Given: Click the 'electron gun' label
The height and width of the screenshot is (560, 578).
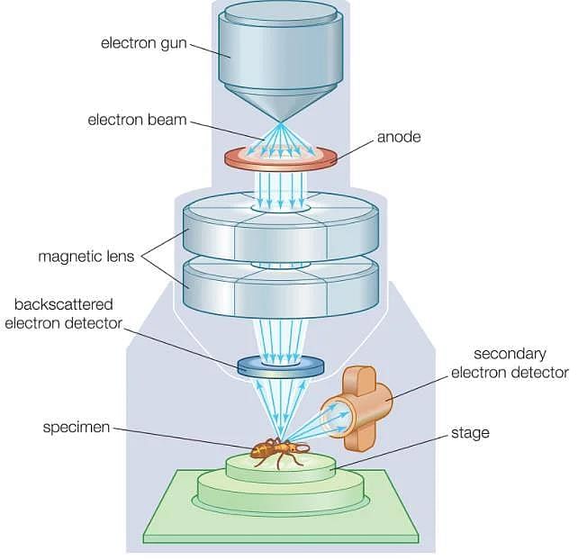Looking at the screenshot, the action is (144, 43).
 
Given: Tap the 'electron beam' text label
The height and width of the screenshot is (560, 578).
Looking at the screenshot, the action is (137, 120).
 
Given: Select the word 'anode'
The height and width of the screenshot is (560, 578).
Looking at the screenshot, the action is (399, 137).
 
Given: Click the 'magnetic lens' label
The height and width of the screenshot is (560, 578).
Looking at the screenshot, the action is (86, 257).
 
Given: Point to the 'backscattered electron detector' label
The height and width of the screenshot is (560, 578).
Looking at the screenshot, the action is (63, 313).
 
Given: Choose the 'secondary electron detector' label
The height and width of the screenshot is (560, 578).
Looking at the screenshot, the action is (510, 363).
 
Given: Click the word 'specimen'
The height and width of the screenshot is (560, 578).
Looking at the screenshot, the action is (77, 428).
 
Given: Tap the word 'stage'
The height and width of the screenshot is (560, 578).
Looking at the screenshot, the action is (470, 433).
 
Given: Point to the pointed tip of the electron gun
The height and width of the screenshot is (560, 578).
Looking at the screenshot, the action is (281, 122).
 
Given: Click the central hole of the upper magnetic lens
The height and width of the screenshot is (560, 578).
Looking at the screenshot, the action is (281, 208).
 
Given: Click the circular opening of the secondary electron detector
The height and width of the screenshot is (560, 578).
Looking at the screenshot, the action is (335, 418).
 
